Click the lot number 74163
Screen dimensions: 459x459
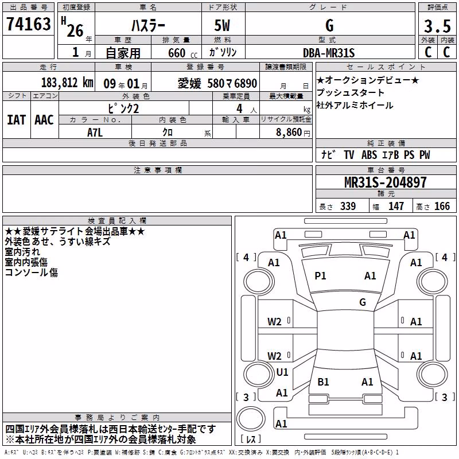pos(28,24)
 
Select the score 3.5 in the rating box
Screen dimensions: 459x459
pos(437,26)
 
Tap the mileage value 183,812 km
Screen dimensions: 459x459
pos(67,83)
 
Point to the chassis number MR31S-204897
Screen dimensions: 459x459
pos(386,182)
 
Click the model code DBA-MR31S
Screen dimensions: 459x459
pos(329,53)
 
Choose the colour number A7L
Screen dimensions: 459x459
pos(95,133)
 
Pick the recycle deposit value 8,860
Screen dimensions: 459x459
pos(289,133)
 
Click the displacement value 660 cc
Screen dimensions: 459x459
pos(182,53)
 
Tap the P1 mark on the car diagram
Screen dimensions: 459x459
pos(320,276)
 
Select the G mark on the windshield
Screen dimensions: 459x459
pos(363,302)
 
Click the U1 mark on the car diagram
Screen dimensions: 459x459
pos(282,372)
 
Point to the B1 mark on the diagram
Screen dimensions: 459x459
pos(323,382)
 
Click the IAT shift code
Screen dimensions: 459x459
pos(17,120)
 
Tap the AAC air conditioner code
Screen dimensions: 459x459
pos(44,120)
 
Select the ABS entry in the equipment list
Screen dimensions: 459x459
pos(369,155)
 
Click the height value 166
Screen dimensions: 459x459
pos(442,206)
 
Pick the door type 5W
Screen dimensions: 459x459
pos(222,25)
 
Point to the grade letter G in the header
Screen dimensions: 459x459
pos(329,25)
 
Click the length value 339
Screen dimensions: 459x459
pos(348,206)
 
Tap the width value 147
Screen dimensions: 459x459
pos(396,206)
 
